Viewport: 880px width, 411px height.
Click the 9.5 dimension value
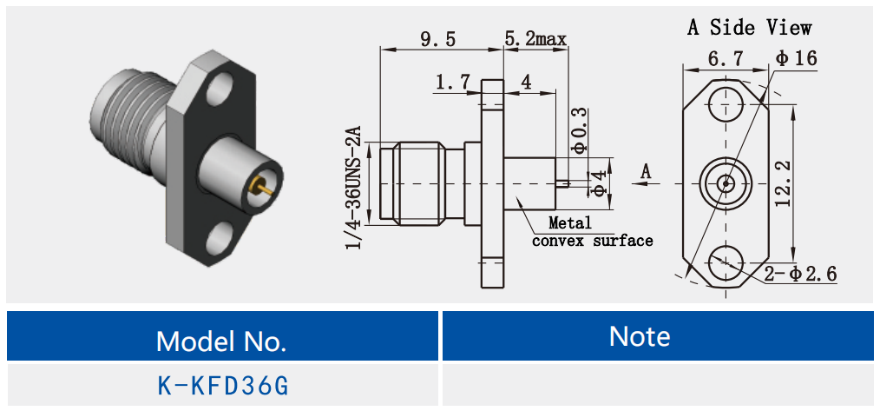pos(438,39)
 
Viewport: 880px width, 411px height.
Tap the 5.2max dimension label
pos(535,39)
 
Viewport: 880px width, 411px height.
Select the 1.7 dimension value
pos(453,83)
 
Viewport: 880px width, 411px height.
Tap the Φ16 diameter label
pos(796,59)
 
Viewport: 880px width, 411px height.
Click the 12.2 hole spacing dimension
pos(784,182)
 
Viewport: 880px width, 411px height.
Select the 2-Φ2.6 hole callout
pos(801,275)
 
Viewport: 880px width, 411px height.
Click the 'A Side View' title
pos(750,28)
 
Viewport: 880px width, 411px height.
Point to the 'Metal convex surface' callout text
pos(590,233)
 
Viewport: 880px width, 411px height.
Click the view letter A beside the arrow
pos(645,172)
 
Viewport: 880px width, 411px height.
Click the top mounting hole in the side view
pos(722,106)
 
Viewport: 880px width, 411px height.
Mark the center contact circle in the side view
pos(722,183)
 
